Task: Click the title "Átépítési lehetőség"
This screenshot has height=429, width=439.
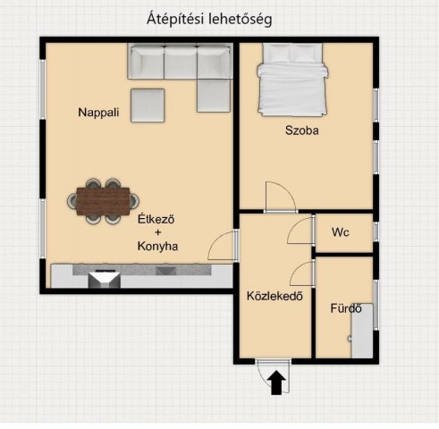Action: click(209, 20)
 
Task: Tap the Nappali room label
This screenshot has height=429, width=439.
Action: click(98, 113)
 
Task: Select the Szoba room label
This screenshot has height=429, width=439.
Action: click(302, 130)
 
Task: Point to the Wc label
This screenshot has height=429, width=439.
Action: click(341, 232)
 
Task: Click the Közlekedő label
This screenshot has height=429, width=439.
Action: click(274, 296)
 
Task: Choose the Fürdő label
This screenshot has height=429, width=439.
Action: click(346, 308)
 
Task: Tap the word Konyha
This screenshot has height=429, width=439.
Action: click(157, 246)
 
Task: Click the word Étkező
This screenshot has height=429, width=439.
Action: click(156, 219)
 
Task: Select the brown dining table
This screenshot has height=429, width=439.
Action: click(103, 201)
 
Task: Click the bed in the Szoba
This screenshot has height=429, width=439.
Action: click(292, 80)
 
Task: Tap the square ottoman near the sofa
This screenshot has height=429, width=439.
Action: click(148, 105)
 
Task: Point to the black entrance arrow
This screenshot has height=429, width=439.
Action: click(276, 383)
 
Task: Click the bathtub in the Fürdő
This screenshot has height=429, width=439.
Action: click(362, 331)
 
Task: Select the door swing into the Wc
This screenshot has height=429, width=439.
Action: click(300, 231)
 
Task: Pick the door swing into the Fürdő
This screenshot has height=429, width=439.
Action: click(301, 273)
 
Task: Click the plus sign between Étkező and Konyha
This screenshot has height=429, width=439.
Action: click(157, 232)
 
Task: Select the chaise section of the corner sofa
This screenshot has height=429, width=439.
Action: click(214, 96)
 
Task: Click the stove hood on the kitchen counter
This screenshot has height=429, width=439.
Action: click(105, 280)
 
